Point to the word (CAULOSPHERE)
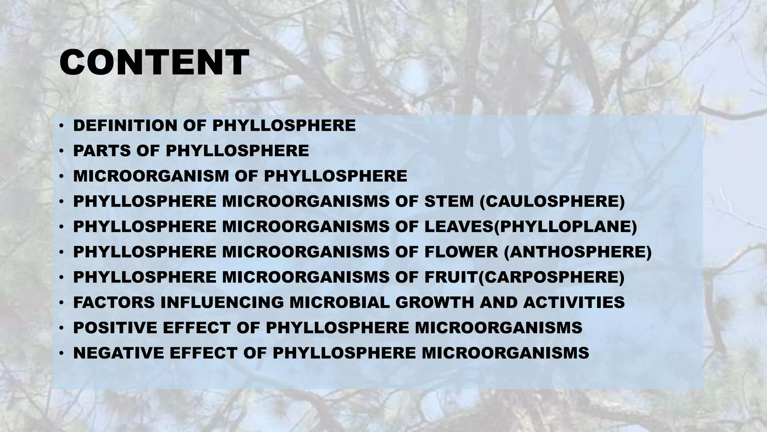click(552, 201)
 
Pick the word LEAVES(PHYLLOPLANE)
click(530, 227)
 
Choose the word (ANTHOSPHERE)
click(578, 252)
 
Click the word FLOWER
click(461, 252)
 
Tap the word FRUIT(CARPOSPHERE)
click(524, 277)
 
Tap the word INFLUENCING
click(222, 303)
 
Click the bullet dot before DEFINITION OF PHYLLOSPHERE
click(61, 126)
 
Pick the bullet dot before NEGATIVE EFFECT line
click(61, 353)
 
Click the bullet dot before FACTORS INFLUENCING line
click(61, 303)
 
